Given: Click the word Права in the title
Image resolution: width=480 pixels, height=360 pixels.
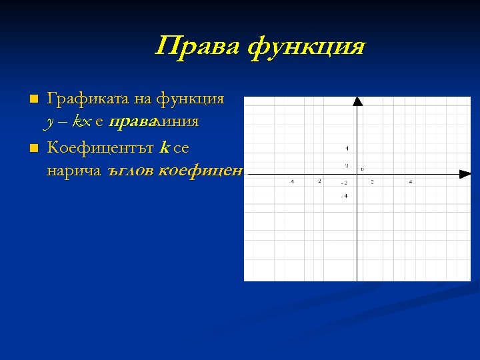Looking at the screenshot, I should pyautogui.click(x=197, y=47).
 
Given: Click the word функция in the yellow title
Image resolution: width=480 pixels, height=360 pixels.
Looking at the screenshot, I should pyautogui.click(x=307, y=47).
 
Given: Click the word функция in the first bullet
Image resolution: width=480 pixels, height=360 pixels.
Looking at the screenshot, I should pyautogui.click(x=190, y=99).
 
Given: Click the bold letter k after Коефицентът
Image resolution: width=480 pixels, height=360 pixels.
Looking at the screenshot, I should pyautogui.click(x=165, y=147).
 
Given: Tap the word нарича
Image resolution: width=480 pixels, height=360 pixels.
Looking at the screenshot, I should pyautogui.click(x=73, y=171).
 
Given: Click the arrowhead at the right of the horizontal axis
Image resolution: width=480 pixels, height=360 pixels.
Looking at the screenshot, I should pyautogui.click(x=465, y=175).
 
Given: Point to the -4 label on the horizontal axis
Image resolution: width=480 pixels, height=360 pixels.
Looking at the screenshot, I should pyautogui.click(x=292, y=181).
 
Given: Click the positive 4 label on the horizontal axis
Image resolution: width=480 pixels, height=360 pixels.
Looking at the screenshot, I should pyautogui.click(x=411, y=181).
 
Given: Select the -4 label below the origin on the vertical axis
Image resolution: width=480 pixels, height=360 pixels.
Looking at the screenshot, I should pyautogui.click(x=343, y=196).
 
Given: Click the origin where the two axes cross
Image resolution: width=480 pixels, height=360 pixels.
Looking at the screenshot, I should pyautogui.click(x=357, y=175).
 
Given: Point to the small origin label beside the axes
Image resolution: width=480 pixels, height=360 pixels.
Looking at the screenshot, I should pyautogui.click(x=362, y=169).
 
